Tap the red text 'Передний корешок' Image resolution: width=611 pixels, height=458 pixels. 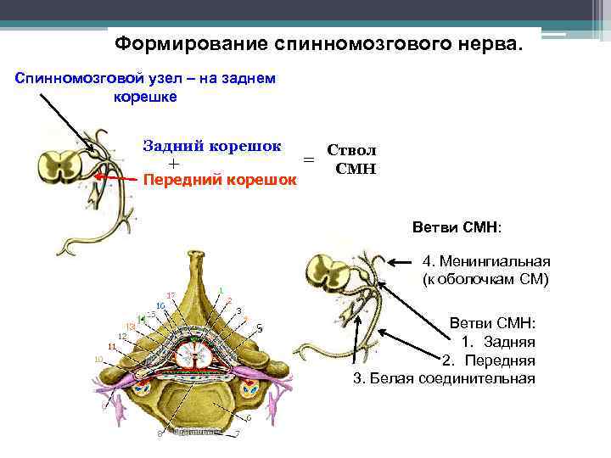[220, 180]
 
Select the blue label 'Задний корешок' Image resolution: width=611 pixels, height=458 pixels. [212, 145]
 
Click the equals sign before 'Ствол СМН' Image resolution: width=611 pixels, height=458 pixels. [309, 159]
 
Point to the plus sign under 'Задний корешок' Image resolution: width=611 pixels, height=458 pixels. [174, 163]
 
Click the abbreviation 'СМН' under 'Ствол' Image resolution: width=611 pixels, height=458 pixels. [356, 169]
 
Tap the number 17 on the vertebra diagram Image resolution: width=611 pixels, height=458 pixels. [171, 295]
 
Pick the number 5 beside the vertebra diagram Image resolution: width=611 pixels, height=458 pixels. [260, 328]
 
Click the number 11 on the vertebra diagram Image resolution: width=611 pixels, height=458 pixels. [111, 347]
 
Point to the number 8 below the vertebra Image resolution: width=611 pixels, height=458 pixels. [159, 435]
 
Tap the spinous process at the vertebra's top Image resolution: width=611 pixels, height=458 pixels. [200, 271]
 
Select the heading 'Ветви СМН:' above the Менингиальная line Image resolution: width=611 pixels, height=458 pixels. [457, 229]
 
